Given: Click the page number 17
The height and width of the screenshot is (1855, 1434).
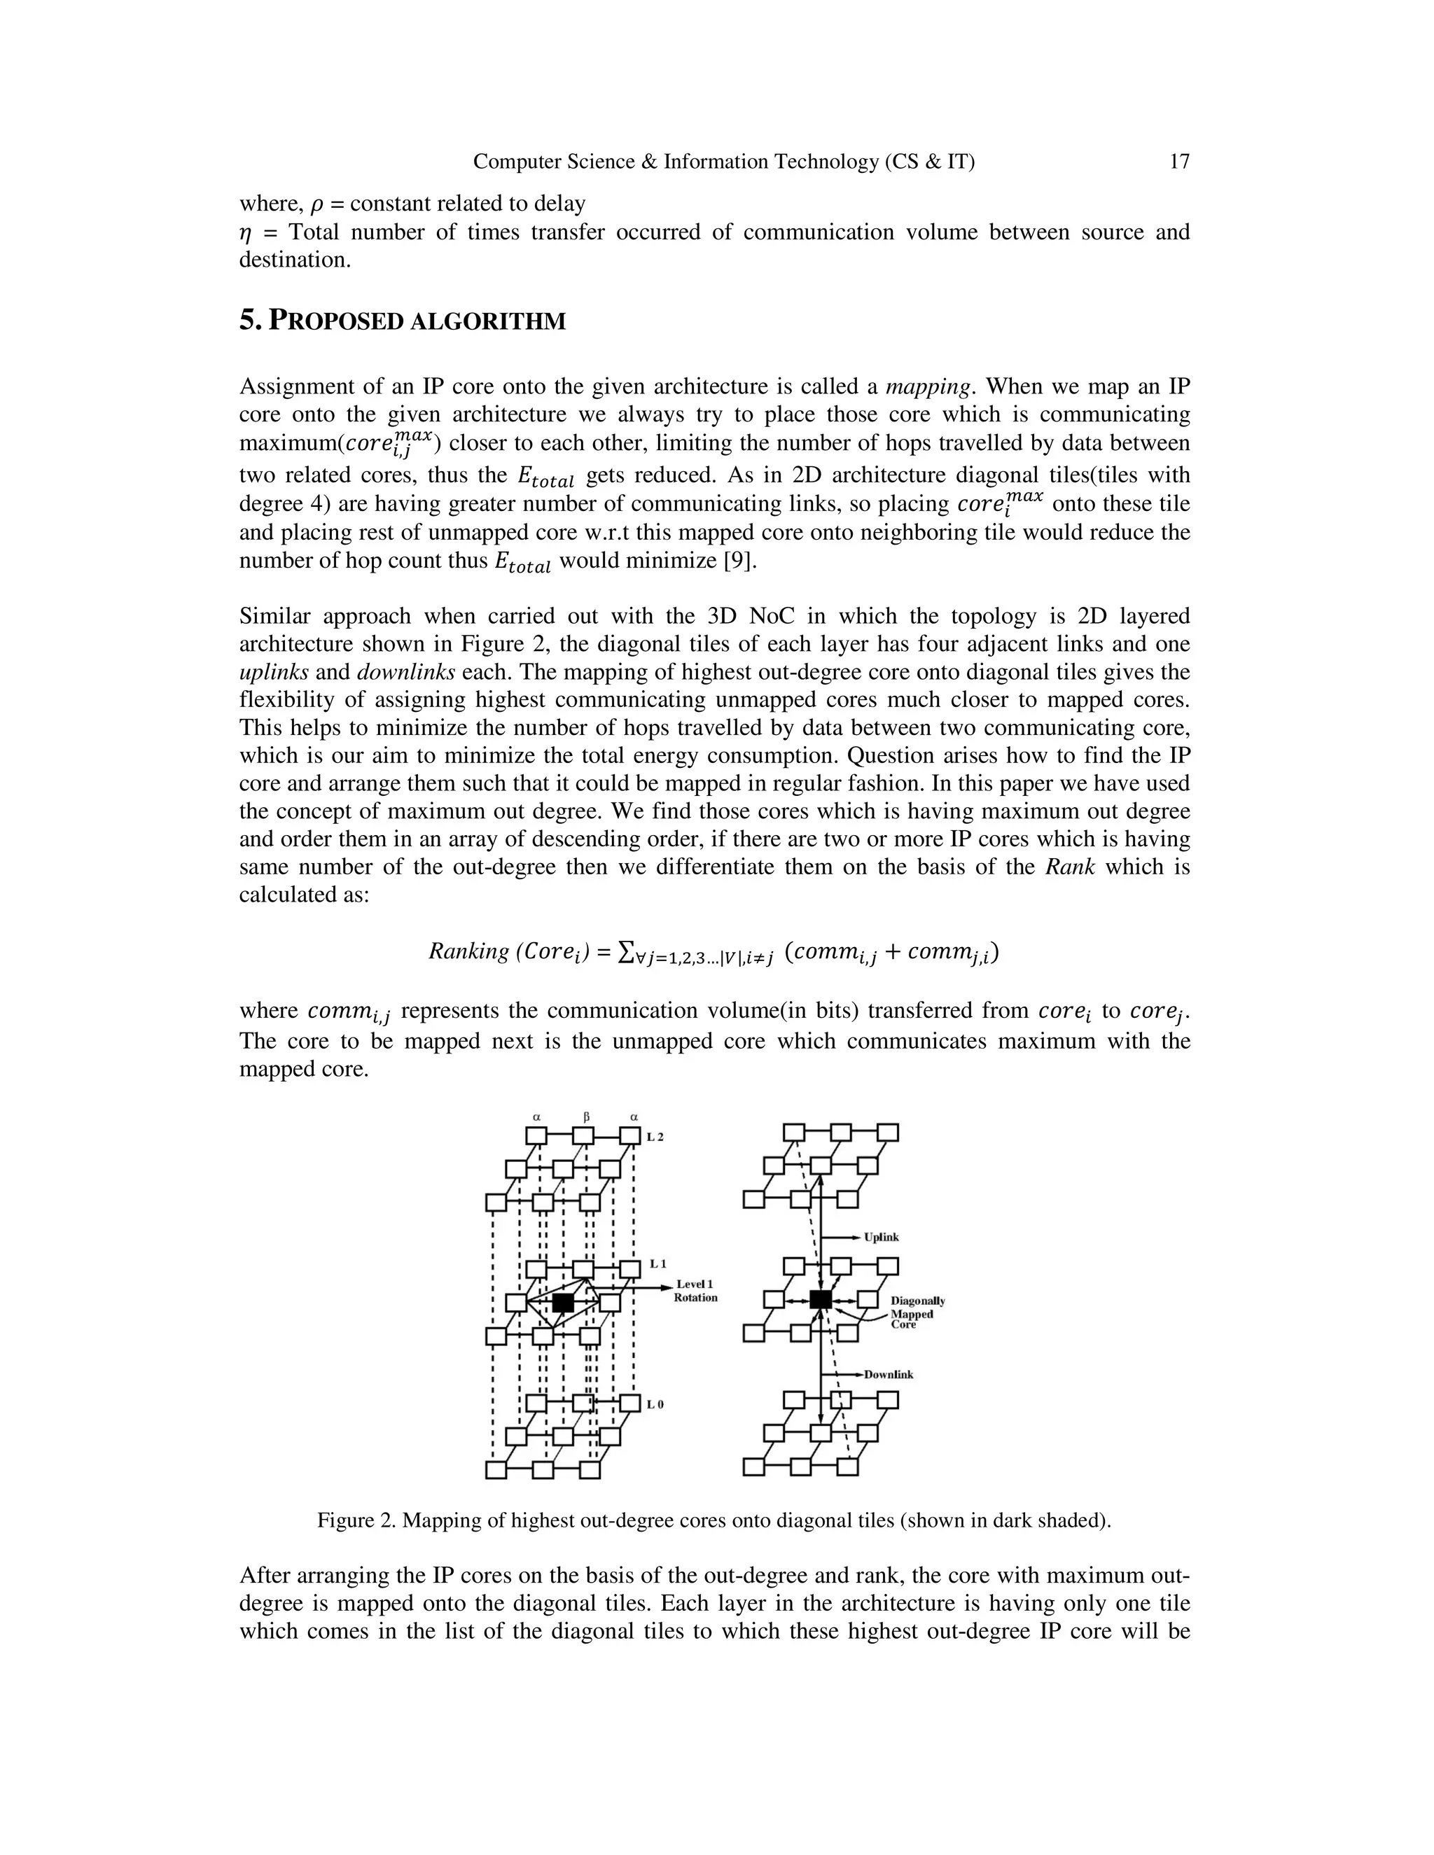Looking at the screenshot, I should pos(1179,162).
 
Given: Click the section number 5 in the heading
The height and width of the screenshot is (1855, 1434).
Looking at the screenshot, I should pos(247,321).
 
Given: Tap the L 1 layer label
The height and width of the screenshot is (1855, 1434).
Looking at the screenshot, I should pos(657,1263).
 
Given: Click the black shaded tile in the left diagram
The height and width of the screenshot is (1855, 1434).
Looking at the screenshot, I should pos(562,1302).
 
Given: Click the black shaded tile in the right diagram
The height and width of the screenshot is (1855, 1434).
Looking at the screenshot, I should pos(820,1298).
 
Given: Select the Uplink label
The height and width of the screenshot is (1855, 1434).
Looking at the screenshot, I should pos(881,1237).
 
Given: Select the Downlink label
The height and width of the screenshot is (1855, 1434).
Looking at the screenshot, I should pos(889,1374).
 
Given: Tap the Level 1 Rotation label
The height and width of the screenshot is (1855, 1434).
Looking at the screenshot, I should pos(695,1291).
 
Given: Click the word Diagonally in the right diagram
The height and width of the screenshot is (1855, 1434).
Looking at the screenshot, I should pos(917,1301).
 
